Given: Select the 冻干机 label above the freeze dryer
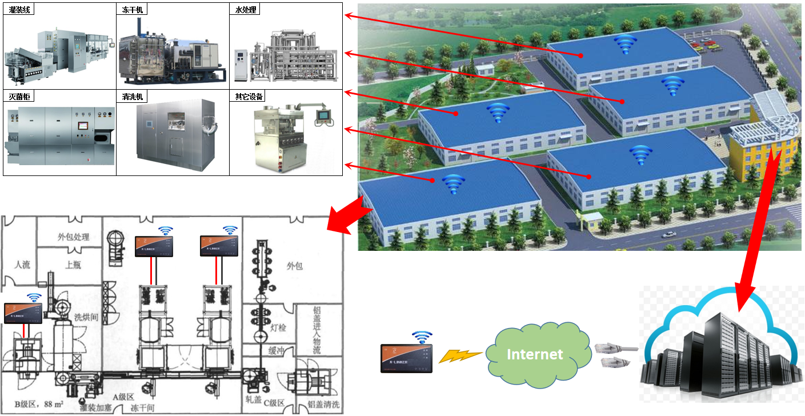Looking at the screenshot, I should (x=133, y=10).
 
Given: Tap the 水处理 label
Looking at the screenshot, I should (x=246, y=10).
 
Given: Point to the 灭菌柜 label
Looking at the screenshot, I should (x=19, y=97).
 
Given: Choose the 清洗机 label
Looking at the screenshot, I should (x=133, y=97).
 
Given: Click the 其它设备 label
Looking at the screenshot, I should (x=249, y=97).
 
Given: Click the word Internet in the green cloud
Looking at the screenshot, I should (x=535, y=354).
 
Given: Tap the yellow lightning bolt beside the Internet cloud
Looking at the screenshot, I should (x=459, y=355).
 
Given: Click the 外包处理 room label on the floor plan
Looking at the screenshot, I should (x=74, y=237).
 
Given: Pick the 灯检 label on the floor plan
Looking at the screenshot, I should (x=278, y=327).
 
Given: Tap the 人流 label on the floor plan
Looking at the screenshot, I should (x=22, y=265).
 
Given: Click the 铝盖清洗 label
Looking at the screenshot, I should (x=323, y=405).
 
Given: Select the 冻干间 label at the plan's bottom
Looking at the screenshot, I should (x=142, y=407).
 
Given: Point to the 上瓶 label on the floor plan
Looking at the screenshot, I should (x=73, y=265).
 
